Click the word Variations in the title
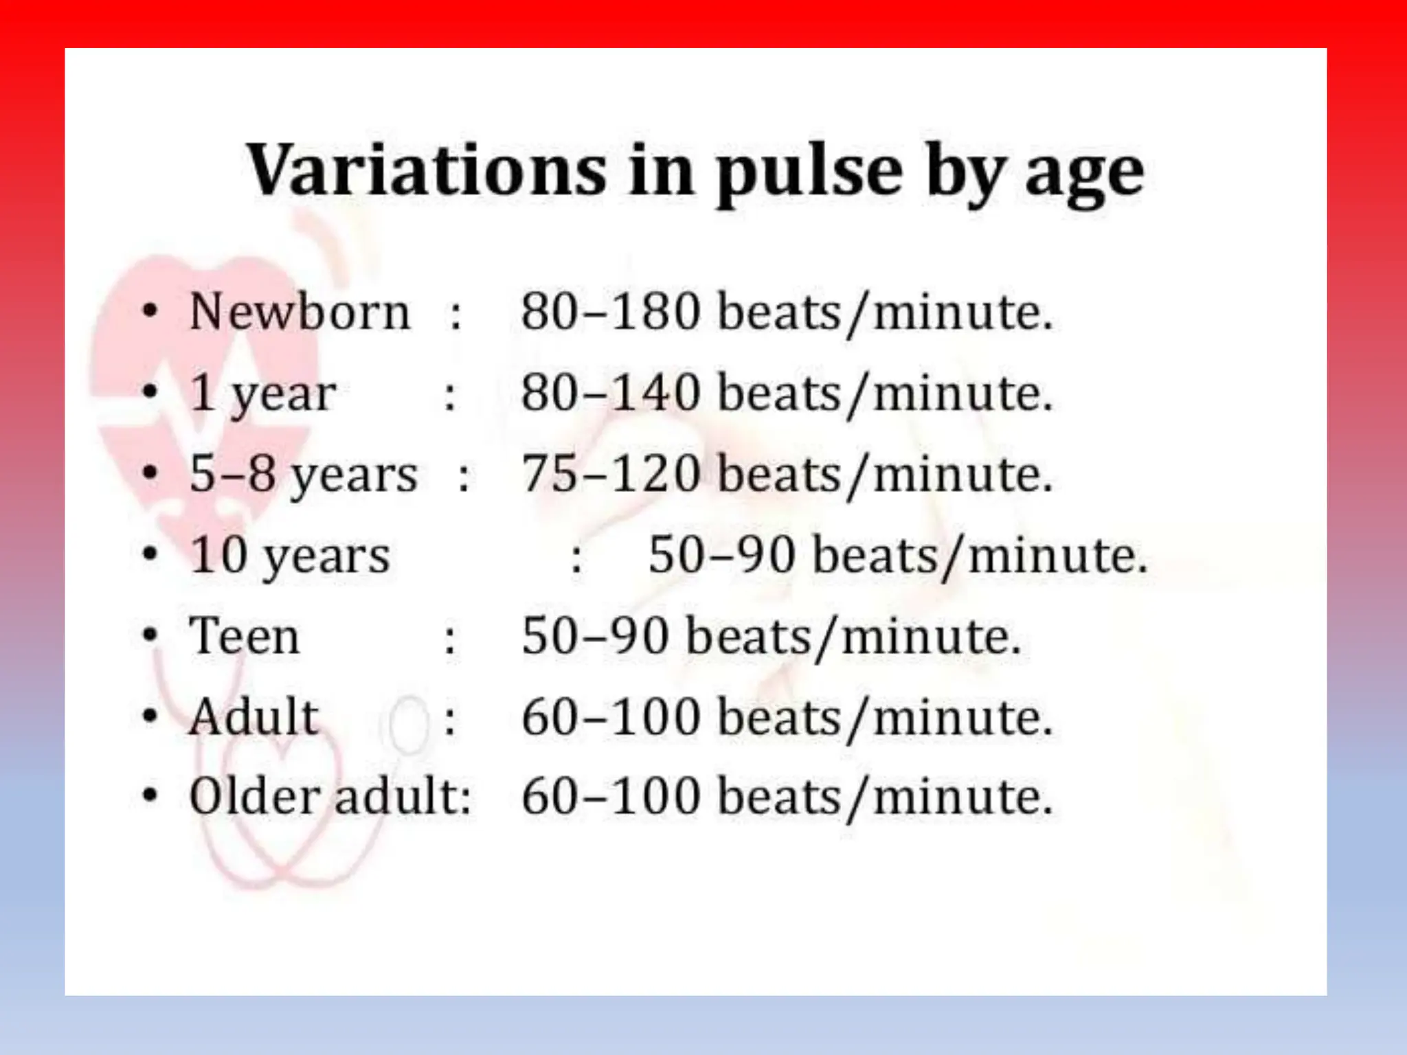[x=427, y=171]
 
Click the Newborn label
[x=300, y=313]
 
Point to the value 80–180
[x=610, y=313]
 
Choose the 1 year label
[x=262, y=394]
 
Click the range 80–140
[x=610, y=394]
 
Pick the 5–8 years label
[x=303, y=475]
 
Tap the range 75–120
[x=610, y=475]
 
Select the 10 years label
[x=290, y=556]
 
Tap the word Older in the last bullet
[x=255, y=797]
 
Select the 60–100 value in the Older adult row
[x=610, y=797]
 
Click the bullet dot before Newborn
[x=150, y=313]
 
